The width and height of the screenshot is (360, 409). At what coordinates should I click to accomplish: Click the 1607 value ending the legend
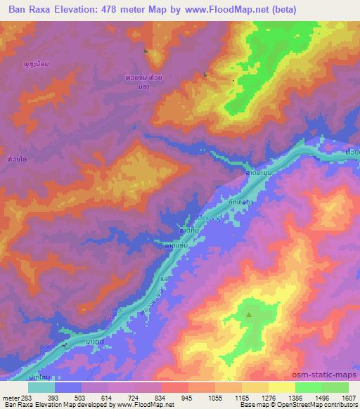click(348, 398)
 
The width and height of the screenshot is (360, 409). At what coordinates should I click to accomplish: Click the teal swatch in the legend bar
click(42, 387)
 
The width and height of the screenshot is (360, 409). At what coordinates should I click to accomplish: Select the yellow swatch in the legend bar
click(282, 387)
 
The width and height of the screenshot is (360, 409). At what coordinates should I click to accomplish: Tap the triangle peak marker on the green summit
click(249, 315)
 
